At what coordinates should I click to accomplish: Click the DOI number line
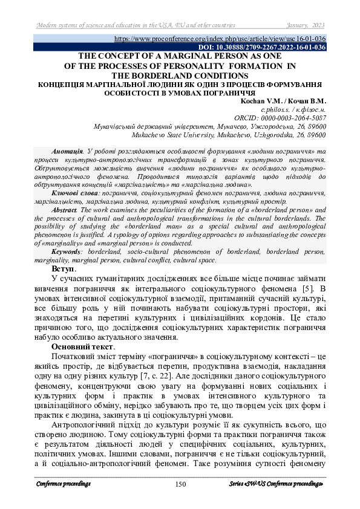point(263,47)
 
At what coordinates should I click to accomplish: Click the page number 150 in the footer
point(180,484)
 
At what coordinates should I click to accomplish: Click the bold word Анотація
point(67,150)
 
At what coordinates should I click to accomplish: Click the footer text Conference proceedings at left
point(64,484)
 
